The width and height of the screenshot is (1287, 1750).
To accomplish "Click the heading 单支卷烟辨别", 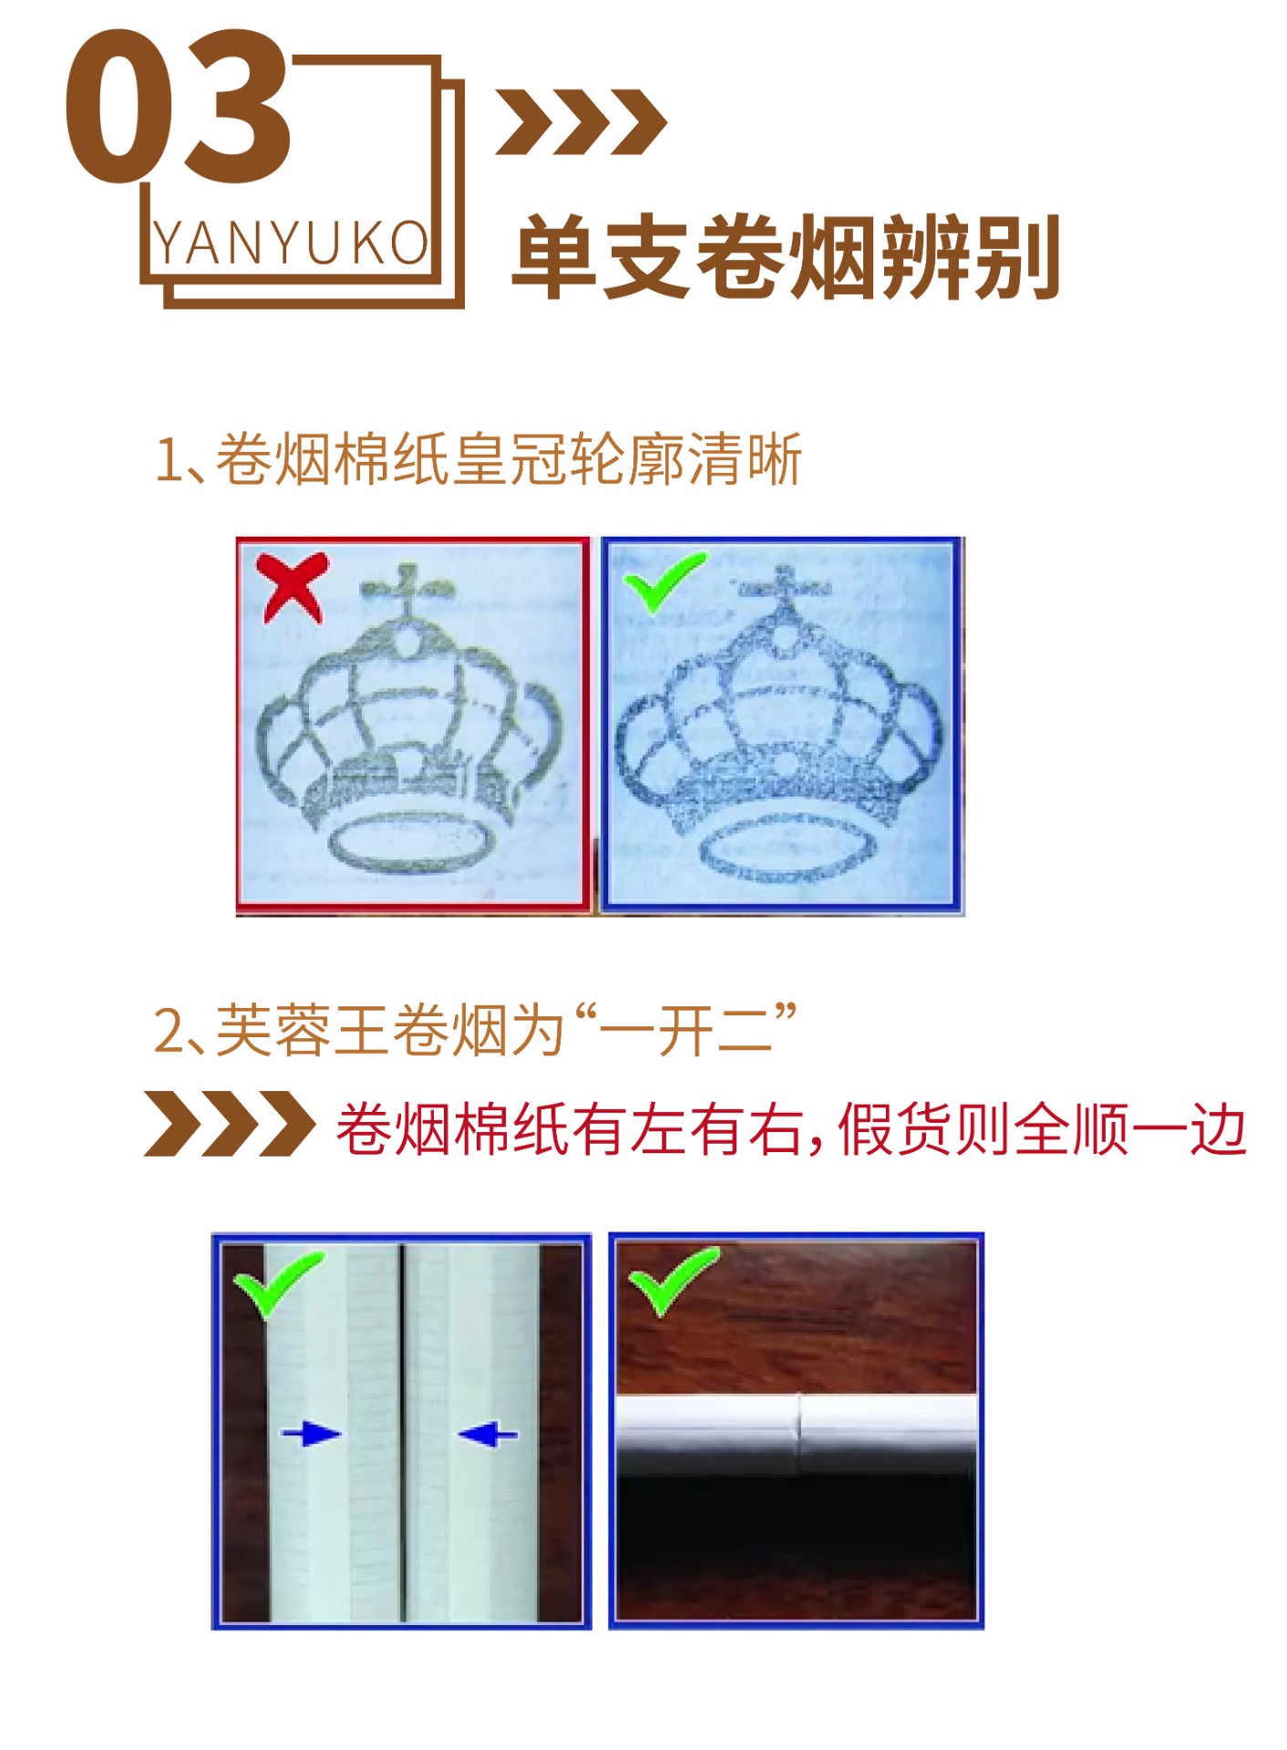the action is [x=786, y=257].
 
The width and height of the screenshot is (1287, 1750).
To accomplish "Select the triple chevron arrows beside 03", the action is [x=582, y=122].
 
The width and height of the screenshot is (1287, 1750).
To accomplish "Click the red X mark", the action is [x=292, y=587].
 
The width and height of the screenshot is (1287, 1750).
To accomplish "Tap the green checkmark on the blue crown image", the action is [x=664, y=581].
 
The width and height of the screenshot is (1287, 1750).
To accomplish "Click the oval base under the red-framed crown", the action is [x=412, y=842].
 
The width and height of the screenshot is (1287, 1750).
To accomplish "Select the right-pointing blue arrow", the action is [x=311, y=1434].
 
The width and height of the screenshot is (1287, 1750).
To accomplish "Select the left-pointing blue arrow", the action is [x=488, y=1434].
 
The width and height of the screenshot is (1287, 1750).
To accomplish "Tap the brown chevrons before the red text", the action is [x=230, y=1123].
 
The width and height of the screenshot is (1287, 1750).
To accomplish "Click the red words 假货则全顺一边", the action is [x=1041, y=1129].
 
